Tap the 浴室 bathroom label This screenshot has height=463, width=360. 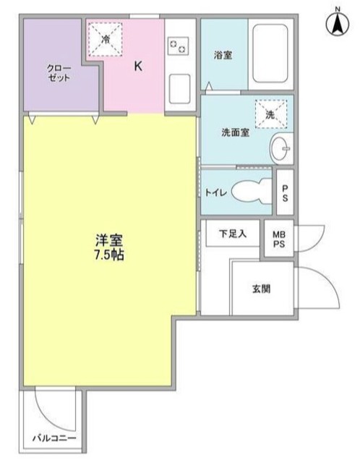pyautogui.click(x=222, y=54)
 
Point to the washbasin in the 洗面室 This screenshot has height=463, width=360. pyautogui.click(x=280, y=150)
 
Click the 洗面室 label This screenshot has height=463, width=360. pyautogui.click(x=235, y=133)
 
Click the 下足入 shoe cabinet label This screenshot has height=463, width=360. pyautogui.click(x=233, y=233)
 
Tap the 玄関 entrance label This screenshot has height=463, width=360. pyautogui.click(x=262, y=289)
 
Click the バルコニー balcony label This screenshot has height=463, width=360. pyautogui.click(x=53, y=438)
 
